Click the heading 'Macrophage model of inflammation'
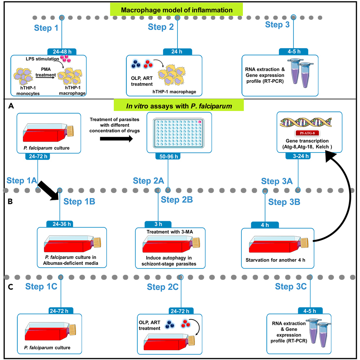(x=176, y=10)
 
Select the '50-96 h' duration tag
(x=168, y=156)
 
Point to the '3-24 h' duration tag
(x=298, y=156)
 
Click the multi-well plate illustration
(x=179, y=133)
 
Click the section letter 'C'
(x=11, y=288)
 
